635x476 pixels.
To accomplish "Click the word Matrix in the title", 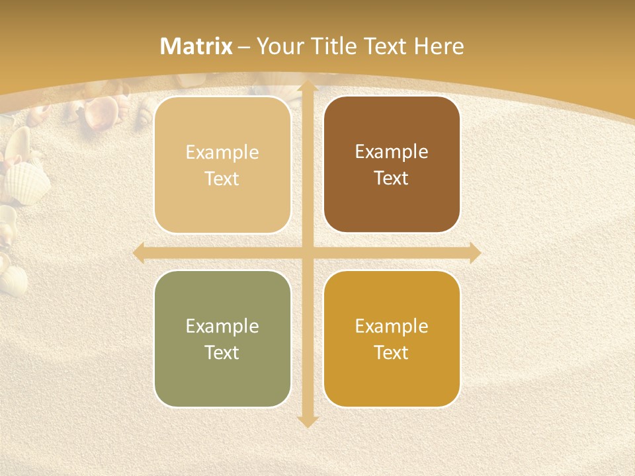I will click(196, 46).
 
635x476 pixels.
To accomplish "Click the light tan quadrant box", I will click(222, 165).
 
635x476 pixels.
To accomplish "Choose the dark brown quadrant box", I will click(392, 165).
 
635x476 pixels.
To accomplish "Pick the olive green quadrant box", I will click(222, 339).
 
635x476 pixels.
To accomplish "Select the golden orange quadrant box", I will click(392, 339).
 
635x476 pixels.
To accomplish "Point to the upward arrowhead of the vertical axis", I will click(307, 87).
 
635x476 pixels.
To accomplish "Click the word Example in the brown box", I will click(392, 152).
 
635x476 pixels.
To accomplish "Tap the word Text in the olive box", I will click(222, 352).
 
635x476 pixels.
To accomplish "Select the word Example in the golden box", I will click(392, 326).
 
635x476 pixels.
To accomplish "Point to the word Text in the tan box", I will click(222, 178).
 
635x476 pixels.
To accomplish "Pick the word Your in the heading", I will click(278, 46).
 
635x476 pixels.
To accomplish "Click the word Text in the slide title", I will click(389, 46).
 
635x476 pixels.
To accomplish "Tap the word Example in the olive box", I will click(222, 326).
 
